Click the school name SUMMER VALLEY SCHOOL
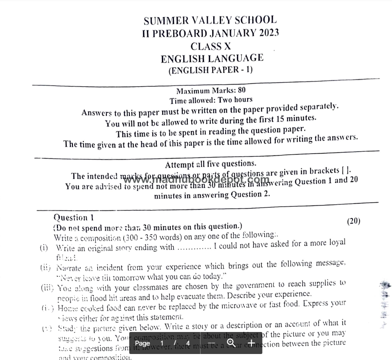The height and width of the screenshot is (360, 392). coord(210,21)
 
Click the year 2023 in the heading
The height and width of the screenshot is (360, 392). coord(262,33)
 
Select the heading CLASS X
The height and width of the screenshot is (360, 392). coord(210,46)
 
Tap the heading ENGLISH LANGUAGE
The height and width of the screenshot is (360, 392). coord(212,58)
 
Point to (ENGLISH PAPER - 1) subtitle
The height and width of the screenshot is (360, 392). coord(210,70)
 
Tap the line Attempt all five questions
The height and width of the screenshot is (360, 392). coord(211,164)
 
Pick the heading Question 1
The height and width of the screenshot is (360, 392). coord(73,217)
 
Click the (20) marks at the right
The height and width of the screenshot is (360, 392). coord(353,221)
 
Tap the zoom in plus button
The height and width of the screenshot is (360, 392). coord(251,343)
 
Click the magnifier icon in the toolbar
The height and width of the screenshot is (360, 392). coord(231,343)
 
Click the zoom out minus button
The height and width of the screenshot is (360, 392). coord(211,343)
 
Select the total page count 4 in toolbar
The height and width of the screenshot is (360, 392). coord(188,343)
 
